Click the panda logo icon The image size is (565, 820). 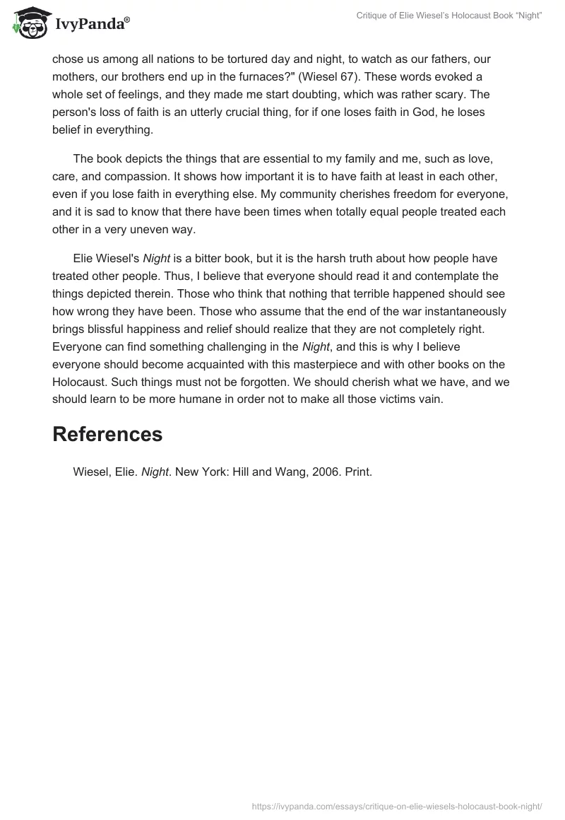coord(27,23)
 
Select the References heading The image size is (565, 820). coord(107,434)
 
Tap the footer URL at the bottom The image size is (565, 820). coord(398,805)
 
